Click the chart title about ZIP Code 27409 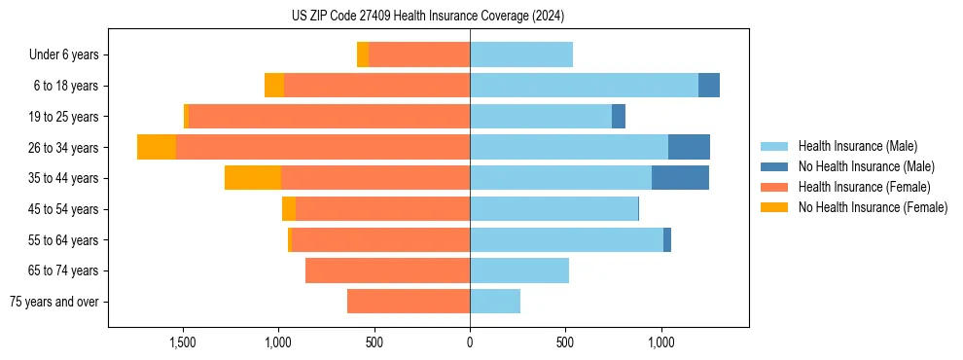(428, 17)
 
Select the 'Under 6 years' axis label (70, 54)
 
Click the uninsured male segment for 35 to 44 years (680, 178)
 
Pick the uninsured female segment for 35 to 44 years (253, 178)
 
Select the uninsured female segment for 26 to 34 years (157, 147)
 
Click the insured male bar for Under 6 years (521, 54)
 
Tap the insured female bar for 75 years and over (409, 302)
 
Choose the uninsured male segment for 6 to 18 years (709, 86)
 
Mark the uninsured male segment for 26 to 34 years (689, 147)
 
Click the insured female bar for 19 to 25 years (329, 117)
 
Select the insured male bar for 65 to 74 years (519, 270)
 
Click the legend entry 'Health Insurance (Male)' (857, 146)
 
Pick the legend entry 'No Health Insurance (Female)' (873, 207)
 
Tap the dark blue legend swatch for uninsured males (774, 166)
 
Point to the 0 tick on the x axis (470, 342)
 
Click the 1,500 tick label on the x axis (183, 342)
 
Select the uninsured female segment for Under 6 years (363, 54)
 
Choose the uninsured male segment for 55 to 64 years (667, 239)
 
